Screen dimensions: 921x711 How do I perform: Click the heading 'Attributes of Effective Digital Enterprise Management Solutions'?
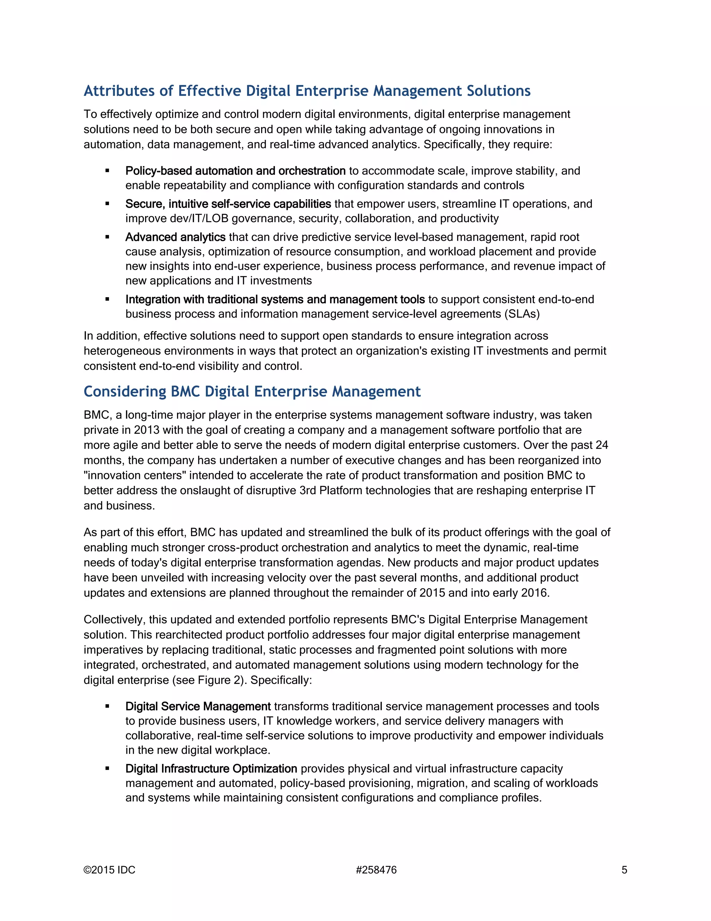[x=307, y=91]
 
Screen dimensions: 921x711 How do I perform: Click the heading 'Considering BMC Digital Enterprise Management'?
[x=252, y=392]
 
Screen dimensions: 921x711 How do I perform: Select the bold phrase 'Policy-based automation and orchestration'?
[x=235, y=171]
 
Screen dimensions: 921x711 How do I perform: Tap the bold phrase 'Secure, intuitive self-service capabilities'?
[x=228, y=204]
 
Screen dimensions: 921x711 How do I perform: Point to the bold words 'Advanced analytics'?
[x=175, y=237]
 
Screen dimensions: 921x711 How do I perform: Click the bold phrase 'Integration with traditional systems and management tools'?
[x=275, y=299]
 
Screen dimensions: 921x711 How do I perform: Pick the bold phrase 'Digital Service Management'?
[x=198, y=706]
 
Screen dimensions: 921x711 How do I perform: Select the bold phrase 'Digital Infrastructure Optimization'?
[x=211, y=769]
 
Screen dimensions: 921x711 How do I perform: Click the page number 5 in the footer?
[x=624, y=870]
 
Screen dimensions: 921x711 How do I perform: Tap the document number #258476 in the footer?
[x=376, y=870]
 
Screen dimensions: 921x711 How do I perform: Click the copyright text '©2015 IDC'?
[x=109, y=870]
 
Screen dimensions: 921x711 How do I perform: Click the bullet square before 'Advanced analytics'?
[x=107, y=237]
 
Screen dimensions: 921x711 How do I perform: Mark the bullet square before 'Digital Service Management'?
[x=107, y=706]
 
